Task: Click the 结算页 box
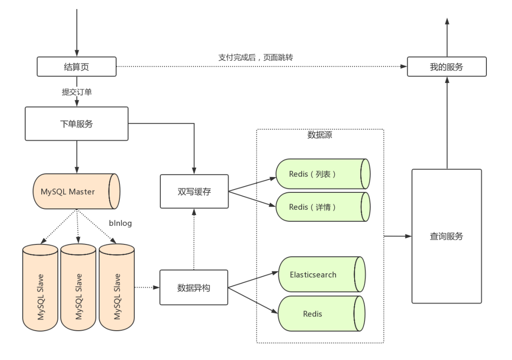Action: tap(76, 67)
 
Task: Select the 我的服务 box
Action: tap(447, 67)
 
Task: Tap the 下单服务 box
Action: tap(76, 124)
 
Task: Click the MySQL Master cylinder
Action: tap(76, 191)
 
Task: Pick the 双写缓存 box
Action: tap(194, 191)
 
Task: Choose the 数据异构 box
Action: tap(193, 288)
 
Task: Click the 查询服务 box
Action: tap(447, 236)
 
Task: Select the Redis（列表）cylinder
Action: tap(323, 174)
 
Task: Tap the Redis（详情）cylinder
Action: tap(323, 207)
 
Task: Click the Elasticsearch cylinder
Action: tap(321, 274)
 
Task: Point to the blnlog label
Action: tap(120, 223)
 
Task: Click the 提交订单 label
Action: tap(77, 92)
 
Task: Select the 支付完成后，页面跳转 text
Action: tap(256, 57)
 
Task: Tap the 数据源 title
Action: tap(320, 135)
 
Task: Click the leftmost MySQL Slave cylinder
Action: tap(40, 288)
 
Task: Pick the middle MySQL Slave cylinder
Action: tap(78, 288)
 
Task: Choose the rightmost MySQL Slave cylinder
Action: tap(117, 288)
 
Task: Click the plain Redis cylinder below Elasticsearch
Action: tap(321, 314)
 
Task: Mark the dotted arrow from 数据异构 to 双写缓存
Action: tap(194, 239)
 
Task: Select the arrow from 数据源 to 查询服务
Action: tap(398, 236)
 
